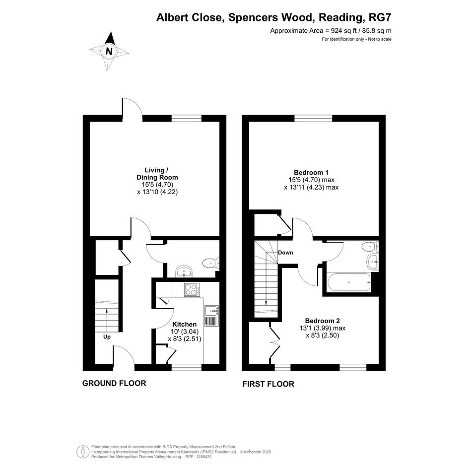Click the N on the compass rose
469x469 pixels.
click(109, 52)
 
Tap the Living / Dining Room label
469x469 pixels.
click(157, 174)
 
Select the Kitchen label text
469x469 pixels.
click(185, 324)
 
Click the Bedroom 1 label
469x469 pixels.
click(311, 172)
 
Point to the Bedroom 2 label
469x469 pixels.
click(323, 321)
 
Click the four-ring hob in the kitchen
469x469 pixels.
click(192, 289)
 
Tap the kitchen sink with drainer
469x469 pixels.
click(211, 316)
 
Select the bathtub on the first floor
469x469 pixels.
click(349, 282)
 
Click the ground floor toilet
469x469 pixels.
click(211, 264)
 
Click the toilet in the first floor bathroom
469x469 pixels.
click(370, 247)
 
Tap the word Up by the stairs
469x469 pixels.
click(107, 337)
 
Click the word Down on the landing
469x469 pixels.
click(286, 253)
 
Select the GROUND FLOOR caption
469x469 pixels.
click(114, 383)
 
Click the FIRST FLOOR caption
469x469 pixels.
click(268, 384)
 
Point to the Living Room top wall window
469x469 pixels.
click(187, 119)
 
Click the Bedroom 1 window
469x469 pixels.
click(314, 119)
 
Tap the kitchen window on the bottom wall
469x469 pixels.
click(186, 367)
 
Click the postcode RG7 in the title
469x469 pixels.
click(380, 17)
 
